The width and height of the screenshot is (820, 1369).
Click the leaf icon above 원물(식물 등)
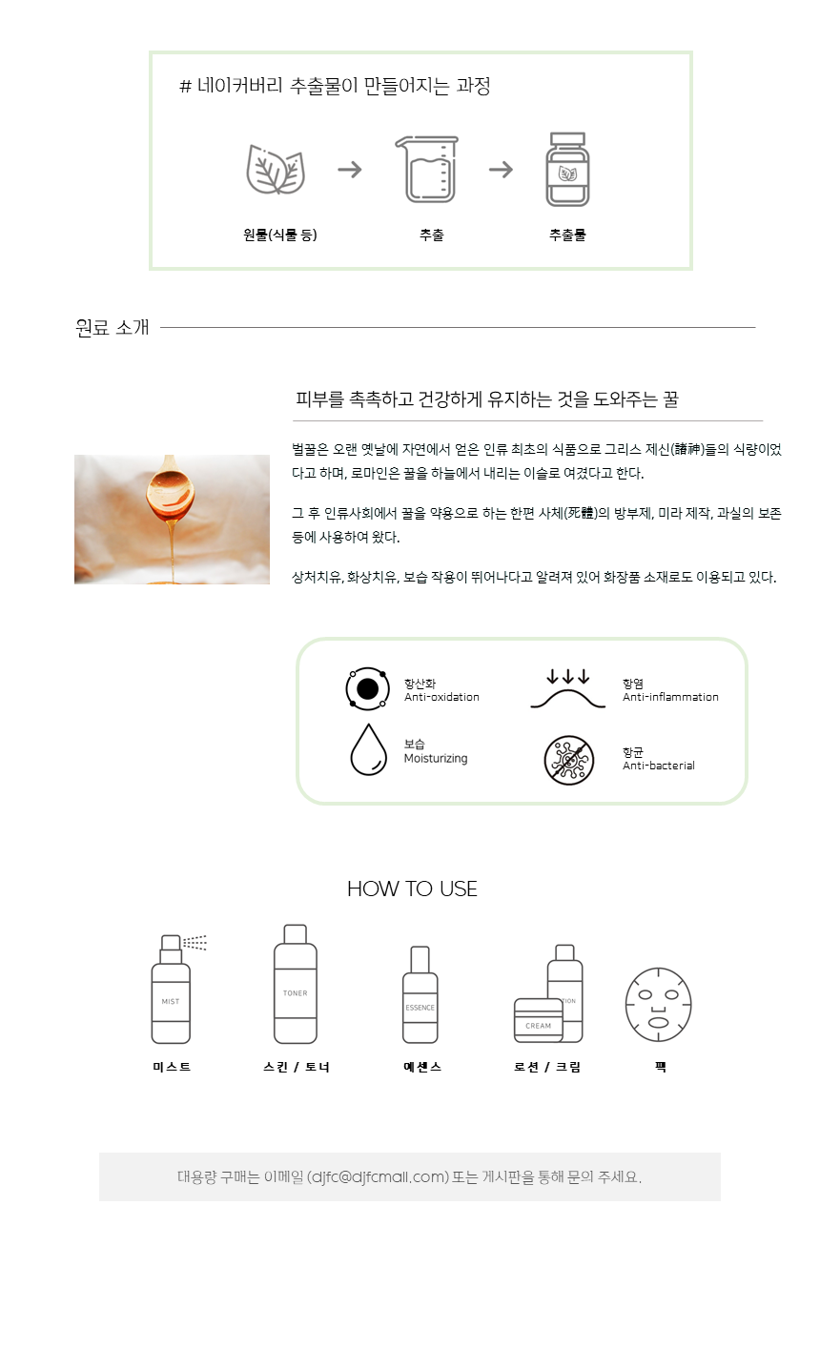coord(276,170)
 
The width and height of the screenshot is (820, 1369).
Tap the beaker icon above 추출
coord(427,169)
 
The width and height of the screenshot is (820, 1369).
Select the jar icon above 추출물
coord(567,170)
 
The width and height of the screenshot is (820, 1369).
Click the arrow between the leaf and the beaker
coord(350,170)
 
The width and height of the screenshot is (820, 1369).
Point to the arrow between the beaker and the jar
coord(501,170)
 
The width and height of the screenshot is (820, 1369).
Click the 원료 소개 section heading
coord(112,328)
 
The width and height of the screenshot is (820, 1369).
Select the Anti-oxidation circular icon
coord(367,688)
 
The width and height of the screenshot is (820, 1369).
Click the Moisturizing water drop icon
coord(368,750)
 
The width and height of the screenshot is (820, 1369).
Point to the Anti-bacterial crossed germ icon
coord(569,760)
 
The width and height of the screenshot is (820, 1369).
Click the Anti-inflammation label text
coord(670,697)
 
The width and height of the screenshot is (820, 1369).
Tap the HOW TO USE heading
coord(413,889)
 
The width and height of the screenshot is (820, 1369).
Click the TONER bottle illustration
coord(296,984)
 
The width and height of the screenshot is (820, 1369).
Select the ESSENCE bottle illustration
coord(420,994)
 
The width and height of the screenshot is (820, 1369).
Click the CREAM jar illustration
coord(539,1020)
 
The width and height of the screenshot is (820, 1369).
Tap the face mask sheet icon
coord(658,1005)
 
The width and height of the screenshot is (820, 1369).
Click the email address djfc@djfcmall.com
coord(378,1177)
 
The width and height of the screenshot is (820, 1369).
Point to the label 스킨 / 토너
coord(297,1067)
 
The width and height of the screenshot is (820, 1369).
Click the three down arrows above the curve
coord(568,677)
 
